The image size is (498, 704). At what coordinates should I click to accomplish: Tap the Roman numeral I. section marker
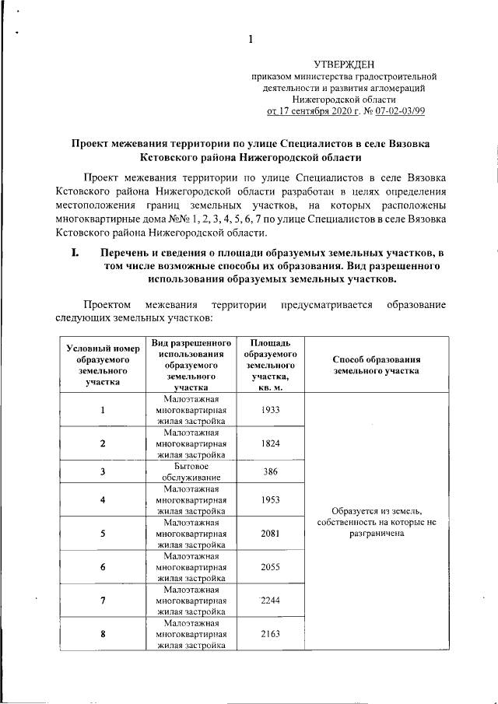76,253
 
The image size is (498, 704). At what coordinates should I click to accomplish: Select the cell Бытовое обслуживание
191,472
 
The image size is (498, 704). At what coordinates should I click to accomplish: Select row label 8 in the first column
103,635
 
